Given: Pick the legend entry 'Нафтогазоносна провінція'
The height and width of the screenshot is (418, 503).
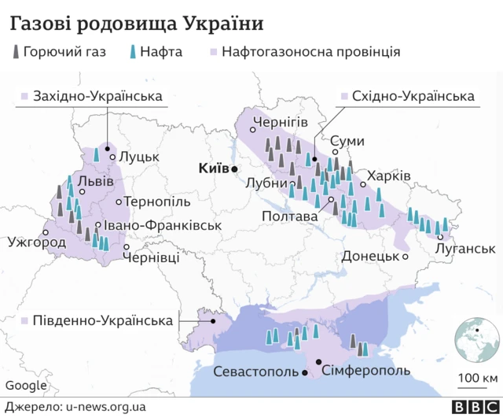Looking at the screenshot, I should point(311,53).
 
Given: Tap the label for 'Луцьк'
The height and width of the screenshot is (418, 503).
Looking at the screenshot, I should point(138,157).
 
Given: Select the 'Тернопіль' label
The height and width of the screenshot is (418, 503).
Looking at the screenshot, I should point(157,202).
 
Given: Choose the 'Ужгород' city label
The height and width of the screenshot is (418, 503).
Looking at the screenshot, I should point(36,242).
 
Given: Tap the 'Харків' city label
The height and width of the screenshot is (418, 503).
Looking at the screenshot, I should point(390,175).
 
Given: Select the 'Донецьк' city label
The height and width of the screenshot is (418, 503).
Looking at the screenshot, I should point(370,257).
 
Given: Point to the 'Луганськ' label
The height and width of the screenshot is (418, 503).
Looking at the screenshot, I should point(466,249).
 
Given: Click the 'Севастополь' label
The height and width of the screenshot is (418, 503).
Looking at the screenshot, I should point(257,372).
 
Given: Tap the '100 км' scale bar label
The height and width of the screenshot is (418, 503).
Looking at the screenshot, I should point(479,379).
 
